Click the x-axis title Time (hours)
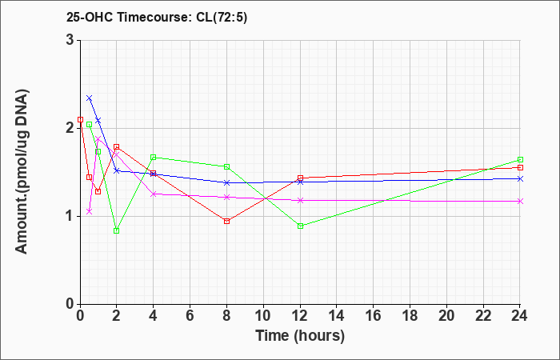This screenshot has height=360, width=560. coord(300,335)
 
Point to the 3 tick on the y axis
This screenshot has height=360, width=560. coord(70,40)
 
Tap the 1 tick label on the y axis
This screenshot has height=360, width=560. coord(70,216)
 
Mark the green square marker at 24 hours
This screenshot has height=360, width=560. coord(520,159)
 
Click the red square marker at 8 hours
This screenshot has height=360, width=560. coord(227,221)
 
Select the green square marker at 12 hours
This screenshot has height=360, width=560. coord(300,226)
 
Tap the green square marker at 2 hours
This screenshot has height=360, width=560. coord(117,230)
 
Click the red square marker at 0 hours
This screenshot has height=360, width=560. coord(80,119)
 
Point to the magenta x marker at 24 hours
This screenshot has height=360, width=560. coord(520,201)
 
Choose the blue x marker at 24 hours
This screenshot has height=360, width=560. coord(520,178)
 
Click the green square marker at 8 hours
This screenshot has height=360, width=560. coord(227,166)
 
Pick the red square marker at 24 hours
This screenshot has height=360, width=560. coord(520,167)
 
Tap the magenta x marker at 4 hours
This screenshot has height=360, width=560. coord(154,194)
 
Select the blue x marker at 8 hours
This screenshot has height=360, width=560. coord(227,182)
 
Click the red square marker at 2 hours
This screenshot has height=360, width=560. coord(117,146)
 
